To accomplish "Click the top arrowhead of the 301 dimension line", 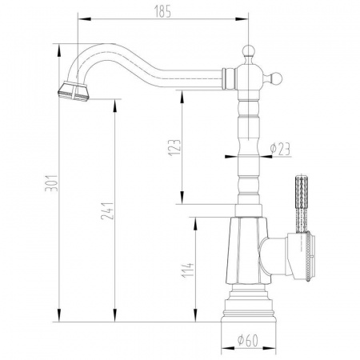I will pos(62,44).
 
